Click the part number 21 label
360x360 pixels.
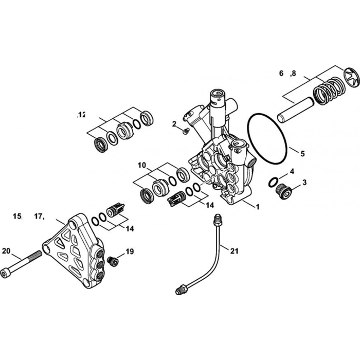click(234, 251)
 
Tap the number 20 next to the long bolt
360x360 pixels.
click(6, 251)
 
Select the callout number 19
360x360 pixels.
click(130, 251)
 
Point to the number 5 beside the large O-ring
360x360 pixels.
click(302, 153)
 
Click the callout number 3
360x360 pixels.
click(304, 183)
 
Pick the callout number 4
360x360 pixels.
click(292, 171)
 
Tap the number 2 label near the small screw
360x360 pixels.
click(174, 124)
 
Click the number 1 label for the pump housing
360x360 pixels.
click(258, 207)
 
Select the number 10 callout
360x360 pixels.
click(142, 165)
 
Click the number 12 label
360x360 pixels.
click(82, 115)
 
